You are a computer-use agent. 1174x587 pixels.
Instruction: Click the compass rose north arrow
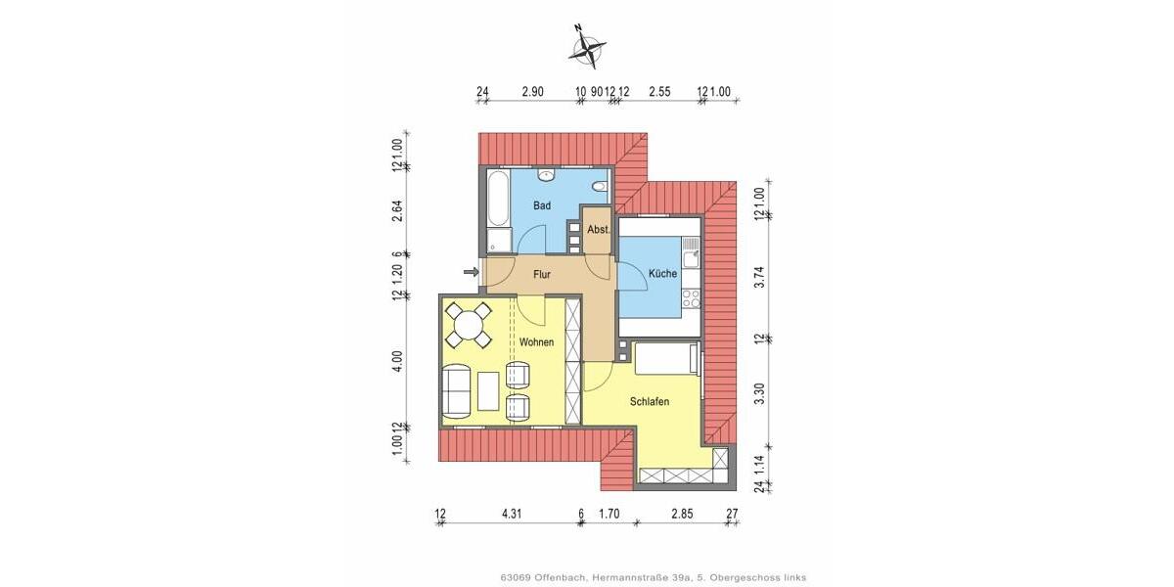click(587, 46)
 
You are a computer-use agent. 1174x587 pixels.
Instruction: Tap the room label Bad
click(541, 206)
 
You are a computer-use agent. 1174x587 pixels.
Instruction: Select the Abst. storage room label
click(598, 230)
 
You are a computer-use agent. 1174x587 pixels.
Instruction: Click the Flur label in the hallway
click(542, 275)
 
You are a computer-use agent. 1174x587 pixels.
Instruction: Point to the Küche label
click(662, 274)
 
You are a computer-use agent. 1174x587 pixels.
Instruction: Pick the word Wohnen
click(537, 342)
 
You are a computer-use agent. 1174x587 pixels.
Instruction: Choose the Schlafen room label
click(649, 401)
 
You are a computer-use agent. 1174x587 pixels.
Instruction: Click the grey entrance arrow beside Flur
click(471, 272)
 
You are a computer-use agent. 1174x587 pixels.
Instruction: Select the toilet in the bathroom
click(602, 187)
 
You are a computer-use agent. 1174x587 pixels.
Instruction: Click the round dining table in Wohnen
click(469, 325)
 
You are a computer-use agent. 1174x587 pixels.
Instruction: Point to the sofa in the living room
click(456, 389)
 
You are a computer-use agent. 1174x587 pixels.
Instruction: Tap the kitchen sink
click(692, 256)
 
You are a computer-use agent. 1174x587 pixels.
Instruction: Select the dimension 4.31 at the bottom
click(511, 512)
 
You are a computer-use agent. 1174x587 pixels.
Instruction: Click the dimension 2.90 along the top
click(532, 91)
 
